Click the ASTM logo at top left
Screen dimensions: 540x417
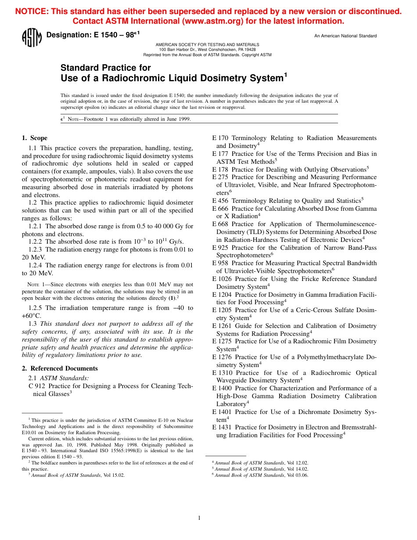[x=32, y=38]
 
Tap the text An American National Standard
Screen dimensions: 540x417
[x=345, y=36]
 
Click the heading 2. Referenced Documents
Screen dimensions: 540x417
[x=60, y=368]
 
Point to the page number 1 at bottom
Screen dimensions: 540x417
[x=199, y=518]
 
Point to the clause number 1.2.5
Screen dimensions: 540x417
[x=36, y=308]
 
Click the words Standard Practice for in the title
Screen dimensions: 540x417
[x=105, y=68]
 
